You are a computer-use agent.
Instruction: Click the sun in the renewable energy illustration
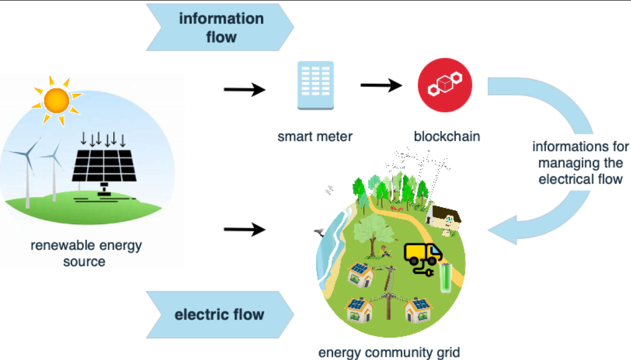click(x=56, y=99)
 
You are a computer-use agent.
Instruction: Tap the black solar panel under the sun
click(x=103, y=165)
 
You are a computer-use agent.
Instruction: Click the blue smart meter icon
click(x=315, y=85)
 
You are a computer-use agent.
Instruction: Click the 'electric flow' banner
click(x=219, y=315)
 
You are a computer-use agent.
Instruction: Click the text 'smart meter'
click(x=315, y=137)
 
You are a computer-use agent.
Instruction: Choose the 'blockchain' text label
click(x=447, y=137)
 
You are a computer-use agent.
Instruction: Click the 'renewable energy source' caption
click(x=86, y=254)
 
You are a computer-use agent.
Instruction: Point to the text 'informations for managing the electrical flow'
click(x=580, y=162)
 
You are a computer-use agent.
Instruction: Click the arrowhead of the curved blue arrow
click(x=503, y=230)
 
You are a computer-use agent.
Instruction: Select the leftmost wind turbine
click(x=26, y=163)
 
